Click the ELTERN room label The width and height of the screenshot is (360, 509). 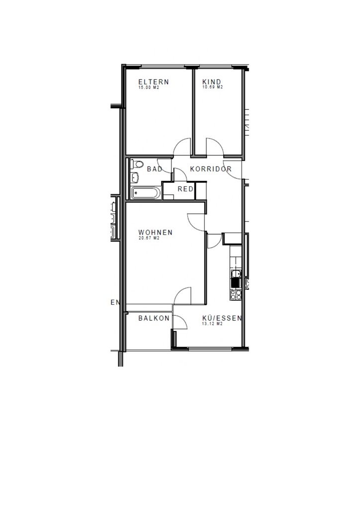pos(154,82)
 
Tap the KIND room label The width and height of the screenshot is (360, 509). pos(212,82)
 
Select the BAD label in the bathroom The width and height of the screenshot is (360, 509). pos(155,169)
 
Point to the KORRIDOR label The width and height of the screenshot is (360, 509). pos(211,169)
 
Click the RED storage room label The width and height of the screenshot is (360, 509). pos(185,188)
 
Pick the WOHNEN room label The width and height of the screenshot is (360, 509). pos(155,233)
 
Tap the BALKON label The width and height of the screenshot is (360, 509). pos(154,318)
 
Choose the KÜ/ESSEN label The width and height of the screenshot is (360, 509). pos(222,318)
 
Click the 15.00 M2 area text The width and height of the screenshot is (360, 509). pos(149,87)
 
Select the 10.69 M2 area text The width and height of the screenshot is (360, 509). pos(213,87)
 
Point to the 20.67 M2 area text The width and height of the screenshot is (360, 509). pos(149,238)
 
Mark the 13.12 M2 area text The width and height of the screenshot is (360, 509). pos(213,324)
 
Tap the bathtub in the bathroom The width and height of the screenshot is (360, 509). pos(146,193)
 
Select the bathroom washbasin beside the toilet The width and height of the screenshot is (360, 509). pos(135,177)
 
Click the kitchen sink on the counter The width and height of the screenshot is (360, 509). pos(236,278)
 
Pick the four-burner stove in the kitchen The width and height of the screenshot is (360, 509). pos(236,295)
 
